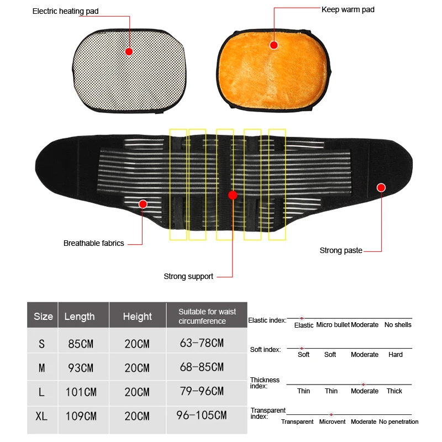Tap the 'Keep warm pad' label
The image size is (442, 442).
[348, 9]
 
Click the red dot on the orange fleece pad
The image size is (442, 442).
[273, 45]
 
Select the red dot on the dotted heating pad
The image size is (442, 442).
[129, 51]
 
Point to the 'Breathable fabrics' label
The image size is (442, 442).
[94, 243]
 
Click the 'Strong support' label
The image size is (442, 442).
[188, 276]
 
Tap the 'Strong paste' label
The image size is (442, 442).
[341, 250]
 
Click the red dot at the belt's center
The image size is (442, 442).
[233, 195]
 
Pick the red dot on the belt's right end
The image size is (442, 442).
[381, 187]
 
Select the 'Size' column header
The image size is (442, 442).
[43, 317]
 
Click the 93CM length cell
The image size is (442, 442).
[81, 367]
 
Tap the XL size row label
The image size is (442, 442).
[41, 416]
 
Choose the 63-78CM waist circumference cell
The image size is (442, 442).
[202, 343]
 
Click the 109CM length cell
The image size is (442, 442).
[81, 416]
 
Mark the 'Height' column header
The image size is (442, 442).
[137, 317]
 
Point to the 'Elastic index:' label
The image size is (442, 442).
[267, 320]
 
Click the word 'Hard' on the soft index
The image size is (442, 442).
[396, 355]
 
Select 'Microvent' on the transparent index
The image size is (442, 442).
[332, 422]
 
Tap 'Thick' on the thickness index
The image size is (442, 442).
[394, 391]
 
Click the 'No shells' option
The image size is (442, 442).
[398, 325]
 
